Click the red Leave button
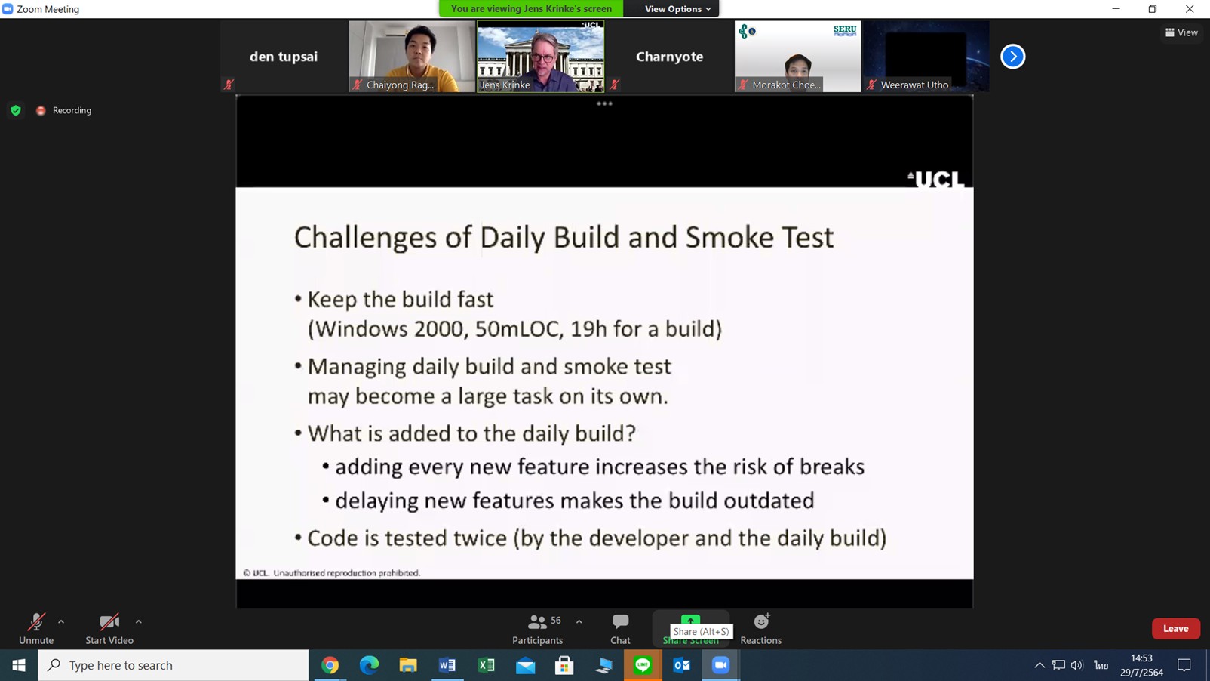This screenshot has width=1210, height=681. tap(1175, 629)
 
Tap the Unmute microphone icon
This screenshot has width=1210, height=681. tap(36, 622)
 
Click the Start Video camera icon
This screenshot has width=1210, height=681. tap(109, 622)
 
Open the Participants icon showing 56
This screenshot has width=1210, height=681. tap(537, 622)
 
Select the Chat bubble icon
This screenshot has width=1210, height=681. tap(620, 621)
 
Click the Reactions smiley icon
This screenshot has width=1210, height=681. tap(761, 621)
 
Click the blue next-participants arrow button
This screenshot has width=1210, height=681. tap(1012, 56)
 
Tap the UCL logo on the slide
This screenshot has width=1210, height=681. tap(935, 179)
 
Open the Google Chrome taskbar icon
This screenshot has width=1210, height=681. tap(330, 665)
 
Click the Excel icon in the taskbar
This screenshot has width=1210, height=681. tap(486, 665)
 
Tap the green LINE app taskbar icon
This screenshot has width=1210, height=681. tap(642, 665)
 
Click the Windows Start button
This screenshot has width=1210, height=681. tap(19, 665)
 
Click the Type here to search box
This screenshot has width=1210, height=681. tap(174, 665)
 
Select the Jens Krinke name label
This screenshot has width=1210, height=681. tap(505, 85)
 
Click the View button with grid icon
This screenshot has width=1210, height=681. tap(1181, 32)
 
